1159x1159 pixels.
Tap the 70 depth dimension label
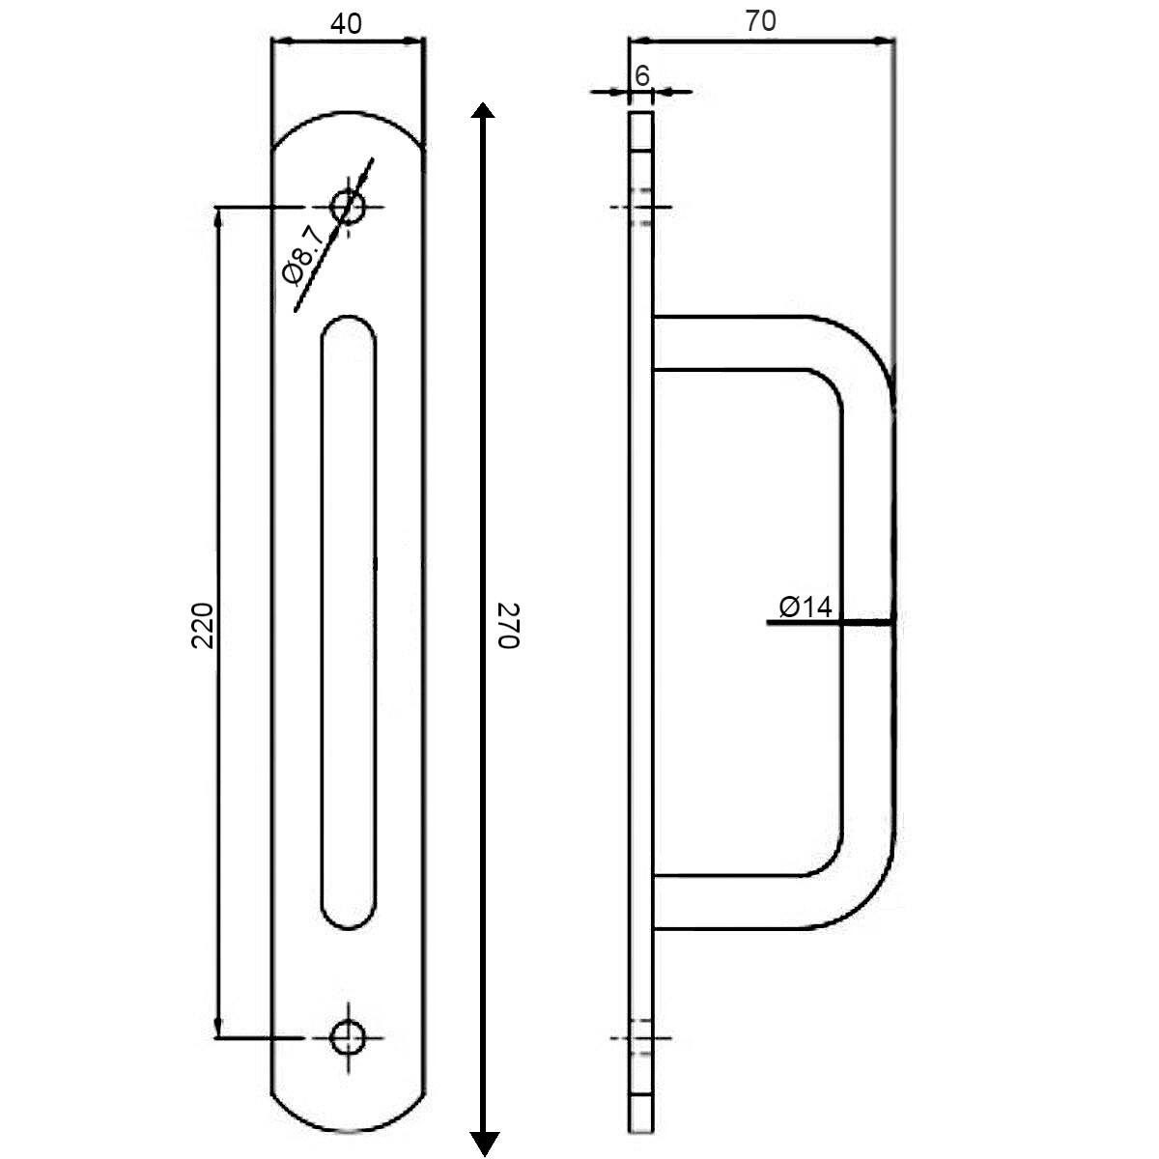pos(761,21)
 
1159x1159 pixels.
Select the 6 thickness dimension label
pos(642,75)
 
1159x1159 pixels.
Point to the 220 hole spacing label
pos(202,625)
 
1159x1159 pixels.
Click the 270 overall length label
pos(509,626)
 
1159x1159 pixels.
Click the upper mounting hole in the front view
pos(348,206)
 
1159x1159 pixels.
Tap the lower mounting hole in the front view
pos(348,1037)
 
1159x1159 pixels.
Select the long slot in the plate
pos(349,623)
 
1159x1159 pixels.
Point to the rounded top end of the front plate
pos(348,121)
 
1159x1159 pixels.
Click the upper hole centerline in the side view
pos(641,207)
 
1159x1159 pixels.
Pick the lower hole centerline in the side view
pos(641,1038)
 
